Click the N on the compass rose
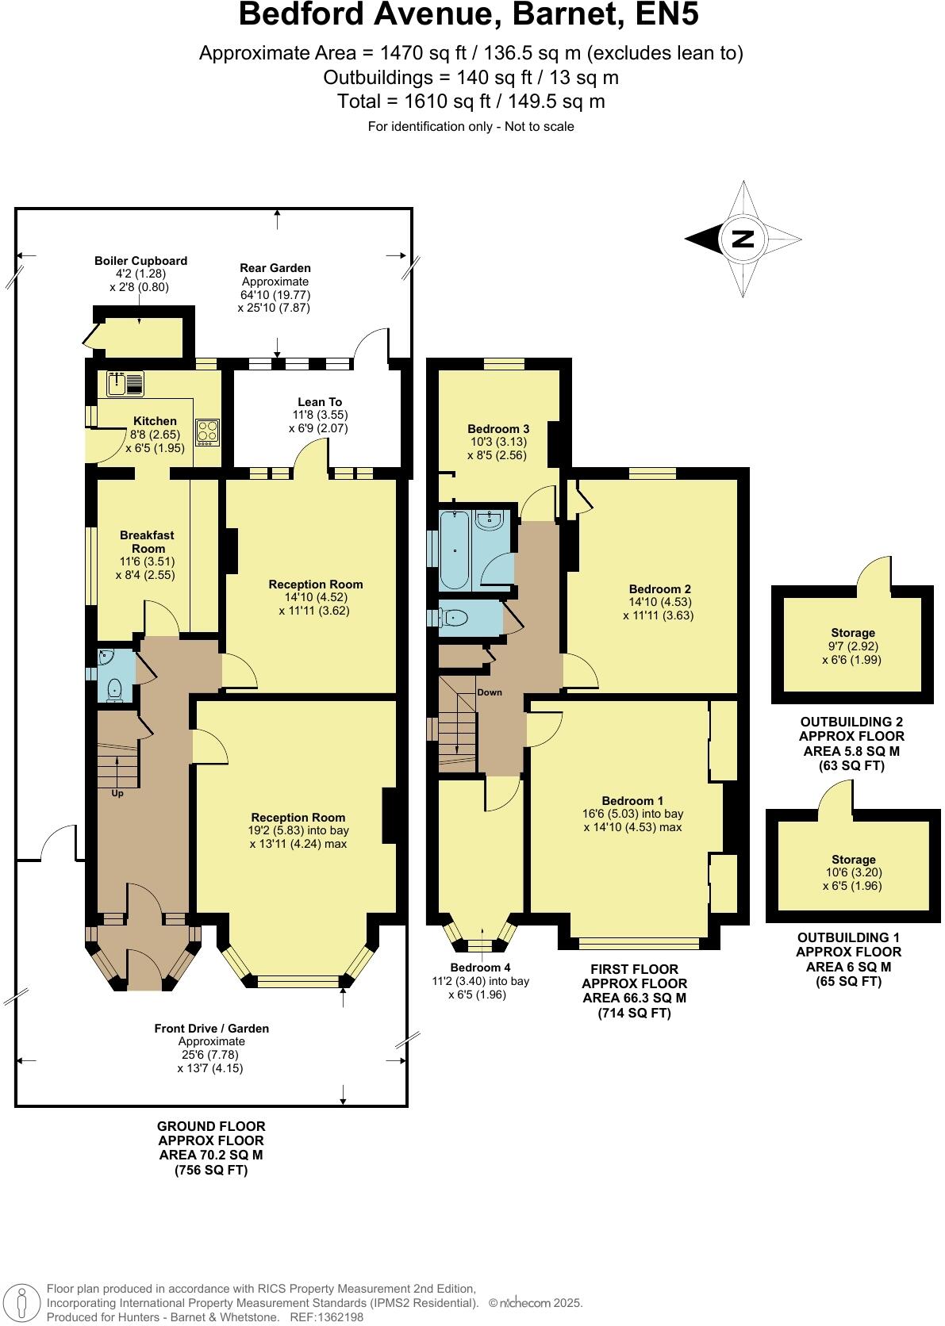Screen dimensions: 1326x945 coord(743,238)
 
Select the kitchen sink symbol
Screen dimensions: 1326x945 coord(125,384)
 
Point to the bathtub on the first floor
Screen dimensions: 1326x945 coord(455,550)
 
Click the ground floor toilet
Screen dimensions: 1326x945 coord(115,688)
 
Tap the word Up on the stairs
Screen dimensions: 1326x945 coord(117,793)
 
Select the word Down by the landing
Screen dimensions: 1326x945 coord(490,692)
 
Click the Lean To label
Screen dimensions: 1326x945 coord(320,402)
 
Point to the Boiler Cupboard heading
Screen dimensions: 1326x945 coord(140,260)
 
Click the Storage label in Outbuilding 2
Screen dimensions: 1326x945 coord(853,633)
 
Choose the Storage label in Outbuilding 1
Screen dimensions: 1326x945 coord(854,860)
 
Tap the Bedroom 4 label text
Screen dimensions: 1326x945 coord(480,968)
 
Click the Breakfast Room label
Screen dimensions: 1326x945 coord(147,542)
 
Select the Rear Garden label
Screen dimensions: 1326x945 coord(275,268)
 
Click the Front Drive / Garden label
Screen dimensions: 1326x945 coord(211,1029)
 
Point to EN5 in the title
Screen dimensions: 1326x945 coord(661,16)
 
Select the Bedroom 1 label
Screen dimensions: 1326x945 coord(632,801)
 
